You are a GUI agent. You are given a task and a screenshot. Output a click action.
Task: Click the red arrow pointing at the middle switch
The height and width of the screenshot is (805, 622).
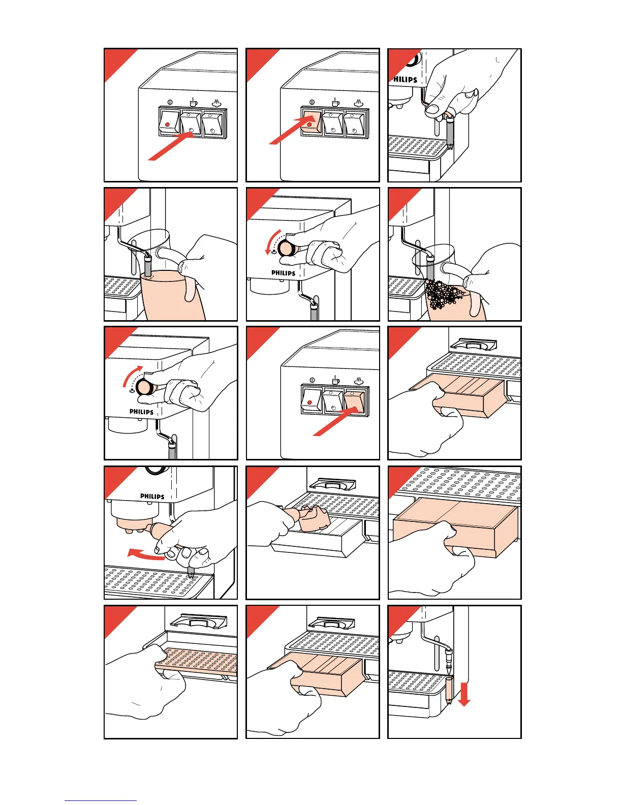170,147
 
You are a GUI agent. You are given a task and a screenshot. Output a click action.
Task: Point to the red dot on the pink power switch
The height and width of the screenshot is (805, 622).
309,125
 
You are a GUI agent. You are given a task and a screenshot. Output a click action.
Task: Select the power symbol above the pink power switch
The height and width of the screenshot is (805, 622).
312,102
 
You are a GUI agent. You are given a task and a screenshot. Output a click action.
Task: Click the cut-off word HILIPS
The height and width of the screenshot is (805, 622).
405,80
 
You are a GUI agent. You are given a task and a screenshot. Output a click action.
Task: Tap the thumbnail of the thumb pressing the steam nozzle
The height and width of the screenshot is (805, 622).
433,108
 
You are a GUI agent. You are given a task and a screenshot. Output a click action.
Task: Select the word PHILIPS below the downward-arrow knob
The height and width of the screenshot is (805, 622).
283,273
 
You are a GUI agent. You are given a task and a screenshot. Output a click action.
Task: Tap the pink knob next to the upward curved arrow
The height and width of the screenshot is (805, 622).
144,388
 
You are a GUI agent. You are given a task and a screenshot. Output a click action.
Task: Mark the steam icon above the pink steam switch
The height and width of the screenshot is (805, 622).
359,380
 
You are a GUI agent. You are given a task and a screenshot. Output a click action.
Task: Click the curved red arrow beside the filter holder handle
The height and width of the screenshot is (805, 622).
145,555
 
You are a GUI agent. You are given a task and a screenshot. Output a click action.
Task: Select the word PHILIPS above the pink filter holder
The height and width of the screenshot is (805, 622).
152,496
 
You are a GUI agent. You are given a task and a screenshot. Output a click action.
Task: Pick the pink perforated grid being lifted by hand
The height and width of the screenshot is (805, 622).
196,662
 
